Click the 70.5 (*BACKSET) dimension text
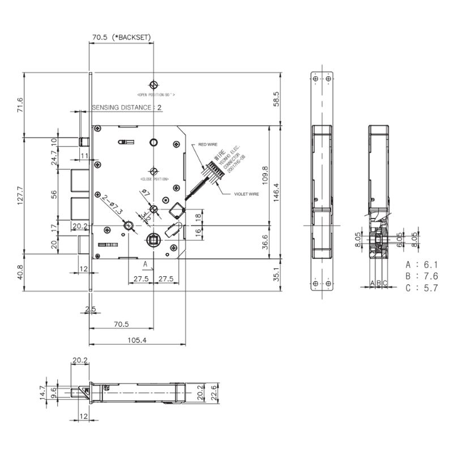click(x=122, y=37)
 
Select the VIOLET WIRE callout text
click(x=246, y=194)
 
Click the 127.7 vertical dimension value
click(x=20, y=196)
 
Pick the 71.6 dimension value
click(x=20, y=105)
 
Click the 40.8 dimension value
click(x=20, y=273)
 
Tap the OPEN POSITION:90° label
click(x=156, y=94)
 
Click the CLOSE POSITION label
click(x=153, y=178)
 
